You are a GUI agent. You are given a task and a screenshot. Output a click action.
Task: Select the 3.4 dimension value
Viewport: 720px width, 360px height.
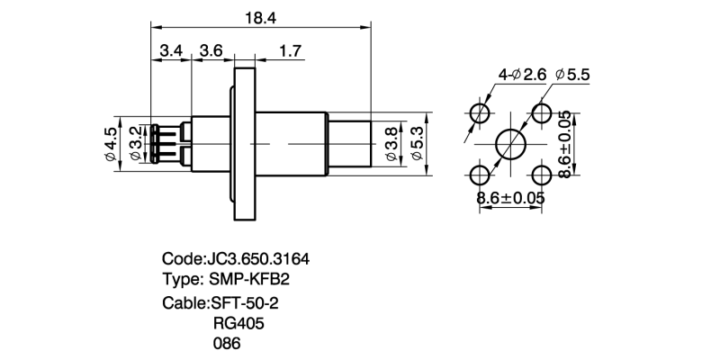(x=171, y=51)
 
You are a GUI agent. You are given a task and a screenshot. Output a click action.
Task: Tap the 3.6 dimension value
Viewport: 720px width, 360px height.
(x=211, y=51)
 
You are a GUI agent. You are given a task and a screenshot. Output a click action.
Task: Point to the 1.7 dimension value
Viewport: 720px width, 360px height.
(x=291, y=51)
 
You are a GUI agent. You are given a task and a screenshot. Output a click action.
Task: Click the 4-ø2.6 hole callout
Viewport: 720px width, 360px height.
(x=522, y=76)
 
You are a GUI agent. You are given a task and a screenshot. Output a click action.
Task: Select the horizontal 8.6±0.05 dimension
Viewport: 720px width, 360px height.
(x=511, y=196)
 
